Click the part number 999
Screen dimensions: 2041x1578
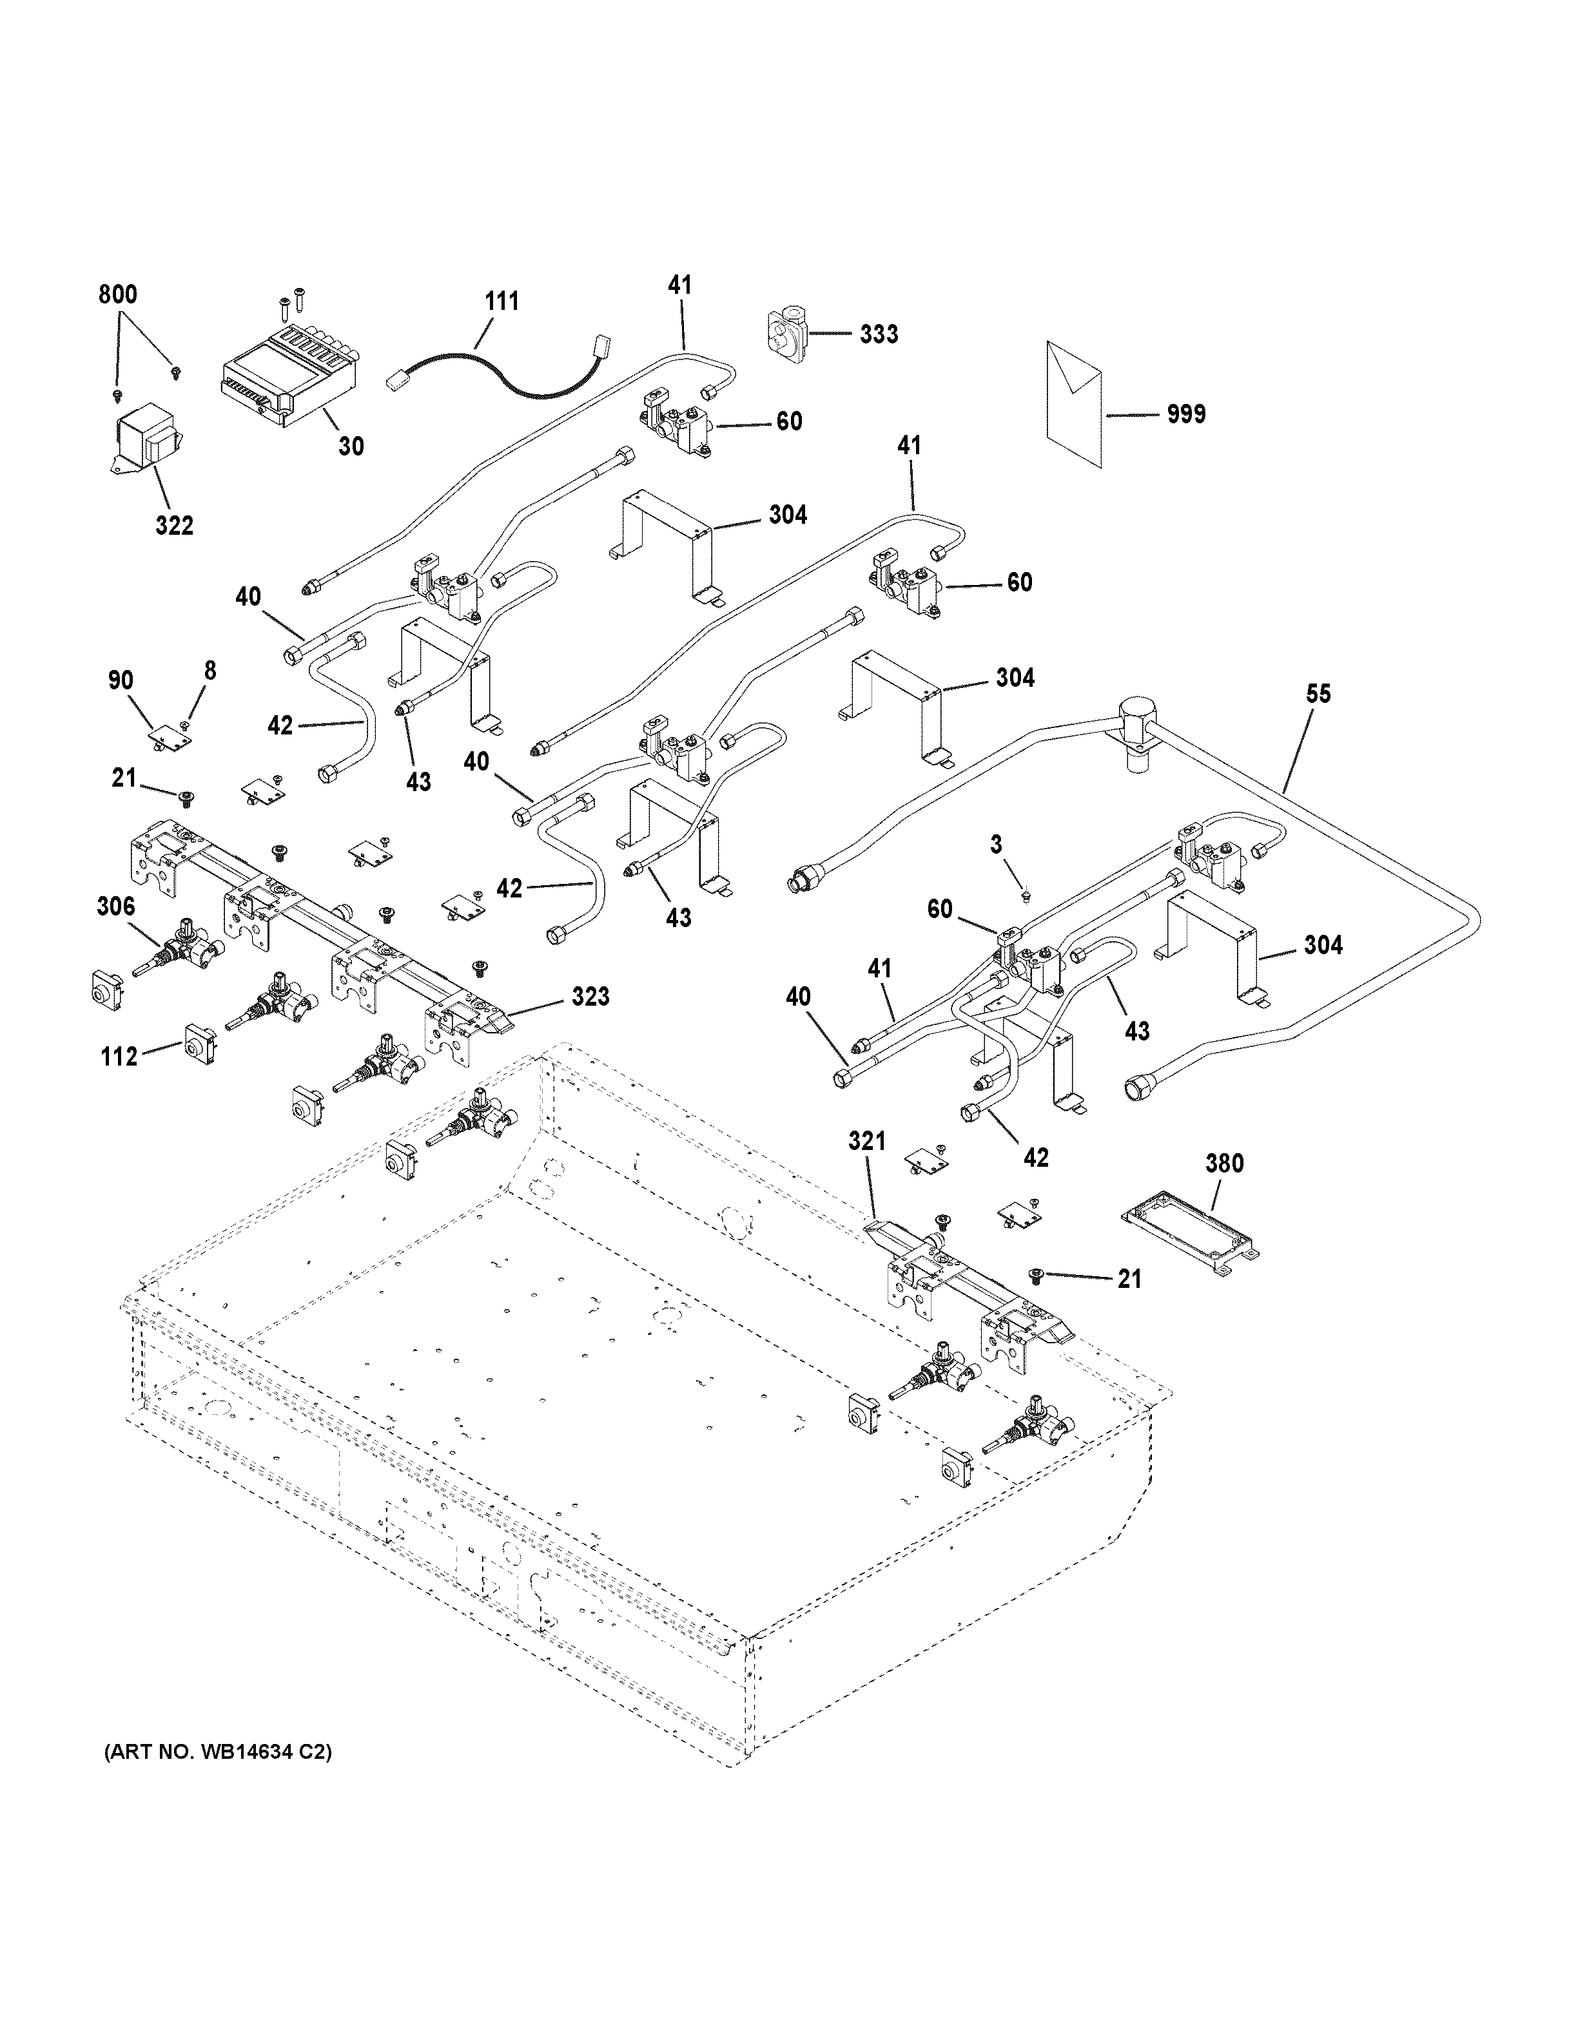click(1185, 414)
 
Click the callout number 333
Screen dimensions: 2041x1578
click(879, 334)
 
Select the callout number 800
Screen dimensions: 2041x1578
click(118, 294)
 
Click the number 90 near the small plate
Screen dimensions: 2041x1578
click(121, 680)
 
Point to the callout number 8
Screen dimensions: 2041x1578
click(209, 670)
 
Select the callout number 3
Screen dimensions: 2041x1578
click(997, 845)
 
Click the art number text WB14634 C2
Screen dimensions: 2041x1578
click(217, 1751)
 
